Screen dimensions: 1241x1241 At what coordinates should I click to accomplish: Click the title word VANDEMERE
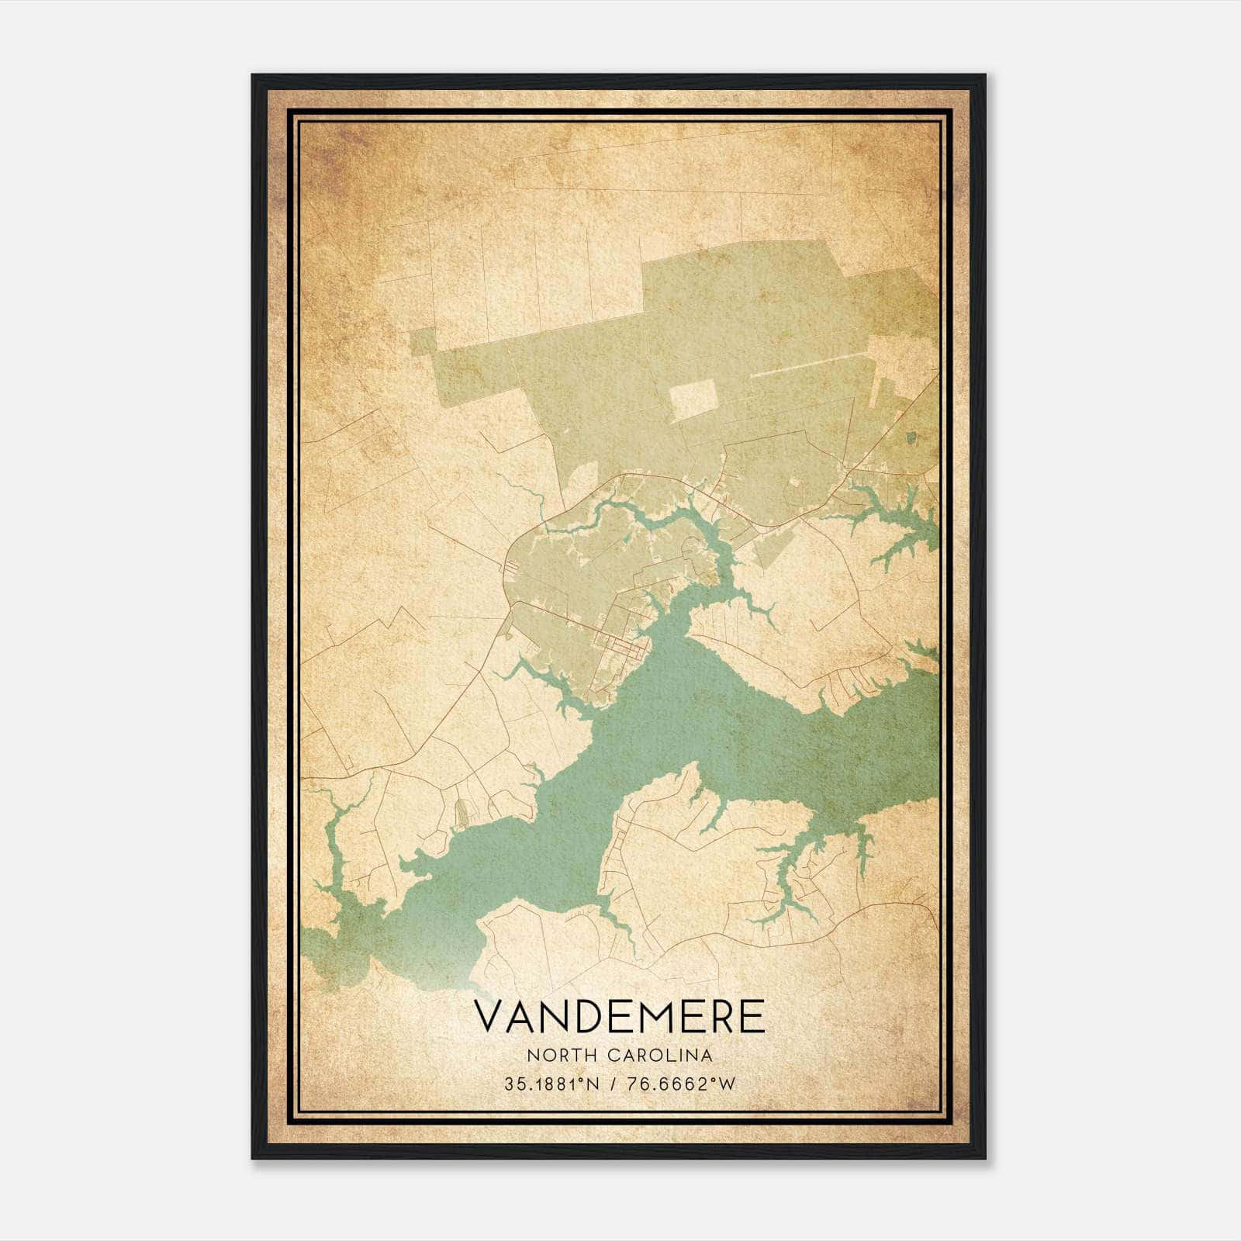click(x=618, y=1017)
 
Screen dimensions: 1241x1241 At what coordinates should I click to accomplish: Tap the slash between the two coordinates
click(x=615, y=1084)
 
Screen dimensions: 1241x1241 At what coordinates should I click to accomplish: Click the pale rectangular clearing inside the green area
click(x=693, y=398)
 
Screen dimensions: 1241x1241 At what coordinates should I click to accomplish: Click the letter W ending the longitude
click(x=726, y=1084)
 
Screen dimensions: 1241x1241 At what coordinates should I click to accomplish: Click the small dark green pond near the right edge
click(x=911, y=439)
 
